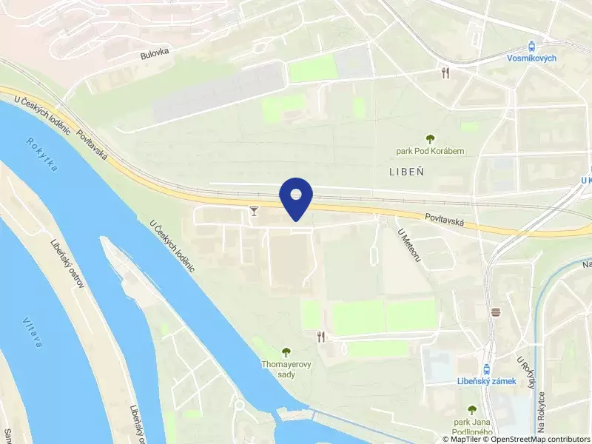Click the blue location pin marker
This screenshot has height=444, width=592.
296,198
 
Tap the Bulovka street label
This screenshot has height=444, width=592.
155,54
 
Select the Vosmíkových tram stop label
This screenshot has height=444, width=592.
532,58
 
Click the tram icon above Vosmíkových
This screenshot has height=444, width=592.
532,45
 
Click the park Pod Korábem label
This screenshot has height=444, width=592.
430,151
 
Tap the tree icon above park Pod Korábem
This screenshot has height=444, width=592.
430,138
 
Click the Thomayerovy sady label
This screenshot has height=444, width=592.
286,369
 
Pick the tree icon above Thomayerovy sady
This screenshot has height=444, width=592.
286,351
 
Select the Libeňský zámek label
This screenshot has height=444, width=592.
486,381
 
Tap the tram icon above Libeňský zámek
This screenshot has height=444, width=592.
486,368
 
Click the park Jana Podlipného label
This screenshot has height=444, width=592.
472,427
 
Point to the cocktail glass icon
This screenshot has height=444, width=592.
255,212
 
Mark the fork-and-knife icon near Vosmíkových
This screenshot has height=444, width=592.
445,73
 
